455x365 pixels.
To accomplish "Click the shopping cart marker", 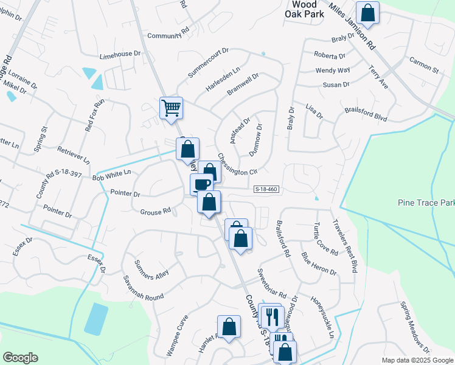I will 172,108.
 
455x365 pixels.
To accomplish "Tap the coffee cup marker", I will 201,184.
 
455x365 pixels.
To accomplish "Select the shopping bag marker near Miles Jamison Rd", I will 368,12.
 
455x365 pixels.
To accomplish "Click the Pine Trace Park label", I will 426,202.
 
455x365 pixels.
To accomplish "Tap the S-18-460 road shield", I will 266,190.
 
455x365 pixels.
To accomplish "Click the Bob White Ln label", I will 111,173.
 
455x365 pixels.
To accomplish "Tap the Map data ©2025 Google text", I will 417,360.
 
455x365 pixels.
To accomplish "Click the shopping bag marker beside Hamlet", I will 229,327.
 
